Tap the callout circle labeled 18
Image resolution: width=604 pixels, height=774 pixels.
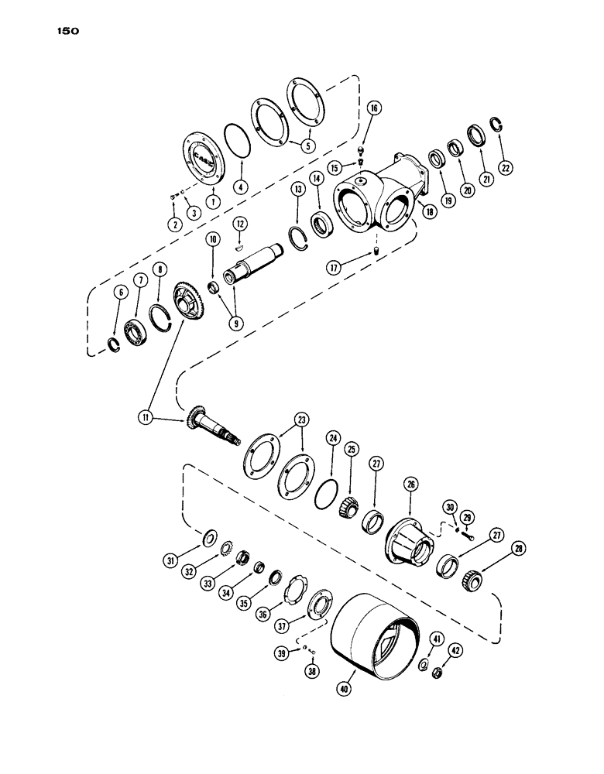click(x=429, y=211)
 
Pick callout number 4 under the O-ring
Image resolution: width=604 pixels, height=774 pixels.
click(x=242, y=186)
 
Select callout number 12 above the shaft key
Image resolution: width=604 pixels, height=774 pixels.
click(x=242, y=225)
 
